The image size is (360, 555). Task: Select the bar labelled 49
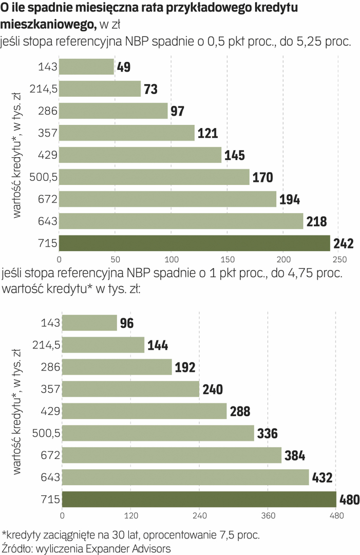point(86,67)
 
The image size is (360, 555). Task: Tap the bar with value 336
point(158,433)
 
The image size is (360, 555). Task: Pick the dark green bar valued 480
point(199,499)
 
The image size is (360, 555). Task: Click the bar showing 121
point(127,133)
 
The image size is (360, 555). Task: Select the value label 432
point(322,477)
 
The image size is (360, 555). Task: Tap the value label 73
point(150,89)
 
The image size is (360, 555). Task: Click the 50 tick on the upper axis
point(115,259)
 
